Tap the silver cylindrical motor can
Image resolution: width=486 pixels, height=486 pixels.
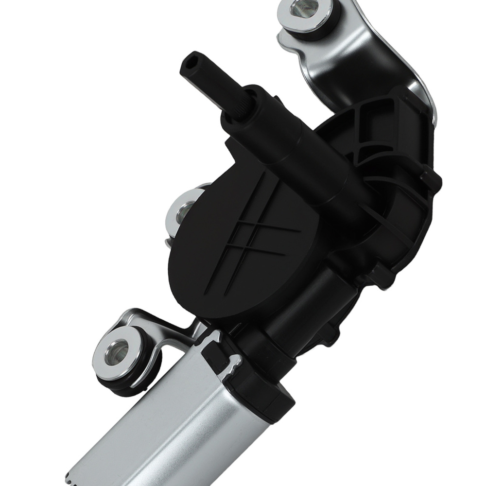[185, 418]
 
